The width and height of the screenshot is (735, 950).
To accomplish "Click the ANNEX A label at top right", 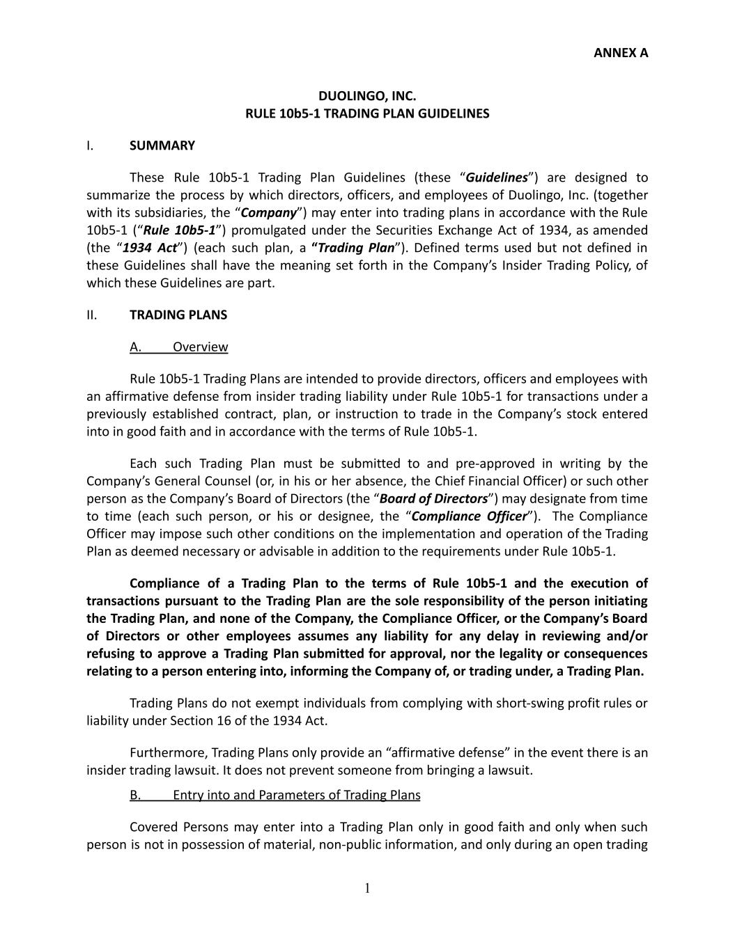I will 620,52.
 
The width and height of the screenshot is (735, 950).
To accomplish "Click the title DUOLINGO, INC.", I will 367,95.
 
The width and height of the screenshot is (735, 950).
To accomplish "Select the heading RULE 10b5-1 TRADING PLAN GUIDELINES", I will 367,113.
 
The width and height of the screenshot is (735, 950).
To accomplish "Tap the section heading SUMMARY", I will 162,145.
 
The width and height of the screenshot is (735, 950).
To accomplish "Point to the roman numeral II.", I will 91,315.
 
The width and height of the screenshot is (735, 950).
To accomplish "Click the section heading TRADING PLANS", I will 178,315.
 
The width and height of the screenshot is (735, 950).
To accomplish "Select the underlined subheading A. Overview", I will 178,347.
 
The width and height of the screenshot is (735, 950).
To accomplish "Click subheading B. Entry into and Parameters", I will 274,795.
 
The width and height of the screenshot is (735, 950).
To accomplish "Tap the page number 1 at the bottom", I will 367,888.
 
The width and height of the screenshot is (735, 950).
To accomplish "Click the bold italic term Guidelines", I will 496,177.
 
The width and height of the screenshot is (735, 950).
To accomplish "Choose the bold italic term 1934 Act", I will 150,248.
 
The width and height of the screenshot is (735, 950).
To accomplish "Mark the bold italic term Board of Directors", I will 433,498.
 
